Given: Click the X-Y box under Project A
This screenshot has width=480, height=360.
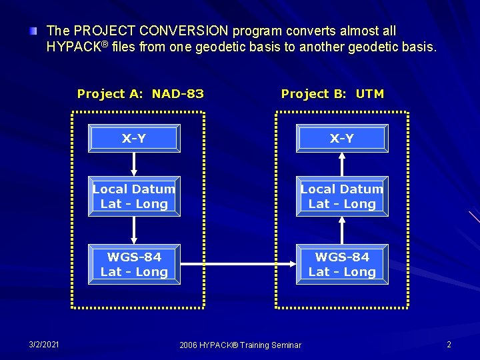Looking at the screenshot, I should click(x=134, y=139).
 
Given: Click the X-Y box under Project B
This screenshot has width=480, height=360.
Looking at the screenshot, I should click(x=342, y=139).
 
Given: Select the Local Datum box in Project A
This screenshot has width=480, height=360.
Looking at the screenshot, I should click(x=134, y=197).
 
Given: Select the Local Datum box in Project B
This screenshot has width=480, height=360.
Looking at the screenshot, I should click(x=342, y=197).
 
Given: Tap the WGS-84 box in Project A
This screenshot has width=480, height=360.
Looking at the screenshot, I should click(x=134, y=264).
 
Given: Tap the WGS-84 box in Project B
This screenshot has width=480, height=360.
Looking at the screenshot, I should click(x=342, y=264).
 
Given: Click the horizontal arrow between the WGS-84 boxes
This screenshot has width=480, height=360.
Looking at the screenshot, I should click(x=238, y=265).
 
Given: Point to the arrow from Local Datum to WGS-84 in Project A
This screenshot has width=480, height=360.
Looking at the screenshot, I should click(x=134, y=230).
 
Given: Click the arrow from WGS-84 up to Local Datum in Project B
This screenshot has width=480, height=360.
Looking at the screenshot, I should click(x=342, y=230).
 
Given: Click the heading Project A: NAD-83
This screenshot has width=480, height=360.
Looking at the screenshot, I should click(x=141, y=94).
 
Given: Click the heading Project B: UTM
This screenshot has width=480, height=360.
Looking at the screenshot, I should click(x=333, y=94).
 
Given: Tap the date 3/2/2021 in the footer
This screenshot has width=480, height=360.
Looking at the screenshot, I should click(x=44, y=344).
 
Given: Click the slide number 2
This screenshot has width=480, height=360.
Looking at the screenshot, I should click(x=449, y=344).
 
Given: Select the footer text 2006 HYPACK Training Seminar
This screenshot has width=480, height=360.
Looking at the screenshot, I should click(x=240, y=345).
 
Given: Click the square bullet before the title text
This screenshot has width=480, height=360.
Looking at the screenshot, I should click(x=33, y=31).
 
